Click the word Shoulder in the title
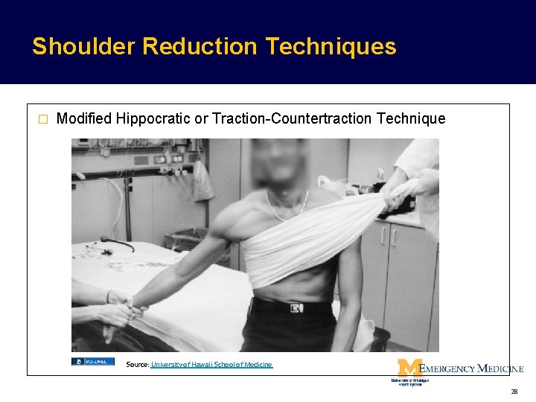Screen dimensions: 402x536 tap(83, 47)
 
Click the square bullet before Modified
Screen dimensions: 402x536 tap(42, 119)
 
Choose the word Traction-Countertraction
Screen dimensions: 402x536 tap(293, 118)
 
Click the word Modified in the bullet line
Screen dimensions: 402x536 tap(84, 118)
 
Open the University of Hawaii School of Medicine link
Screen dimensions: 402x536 tap(211, 365)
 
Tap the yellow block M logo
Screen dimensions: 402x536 tap(409, 368)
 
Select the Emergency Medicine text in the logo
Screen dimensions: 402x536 tap(471, 368)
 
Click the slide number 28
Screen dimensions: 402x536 tap(514, 391)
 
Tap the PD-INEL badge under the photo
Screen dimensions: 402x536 tap(92, 362)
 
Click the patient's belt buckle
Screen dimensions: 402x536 tap(296, 307)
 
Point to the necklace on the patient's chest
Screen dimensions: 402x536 tap(286, 208)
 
